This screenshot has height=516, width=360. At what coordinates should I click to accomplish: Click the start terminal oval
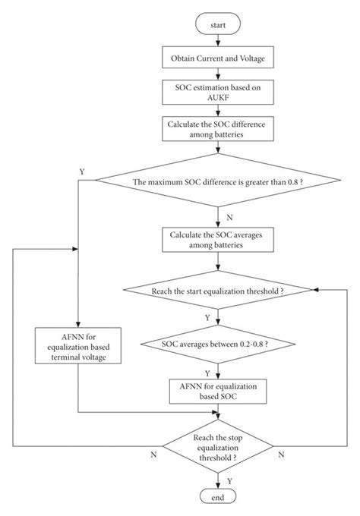pos(218,24)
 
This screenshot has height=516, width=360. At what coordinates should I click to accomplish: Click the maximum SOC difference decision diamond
pos(218,181)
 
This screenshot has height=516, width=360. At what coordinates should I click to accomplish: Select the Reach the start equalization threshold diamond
pos(218,291)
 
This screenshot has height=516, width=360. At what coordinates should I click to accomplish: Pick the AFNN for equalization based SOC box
pos(218,392)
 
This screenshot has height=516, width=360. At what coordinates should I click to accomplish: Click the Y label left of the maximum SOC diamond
pos(81,172)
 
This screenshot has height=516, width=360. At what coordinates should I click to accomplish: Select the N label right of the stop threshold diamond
pos(281,454)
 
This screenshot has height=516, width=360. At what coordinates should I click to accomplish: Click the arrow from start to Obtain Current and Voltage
pos(218,40)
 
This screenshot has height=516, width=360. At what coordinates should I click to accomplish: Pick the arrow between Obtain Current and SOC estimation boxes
pos(218,74)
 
